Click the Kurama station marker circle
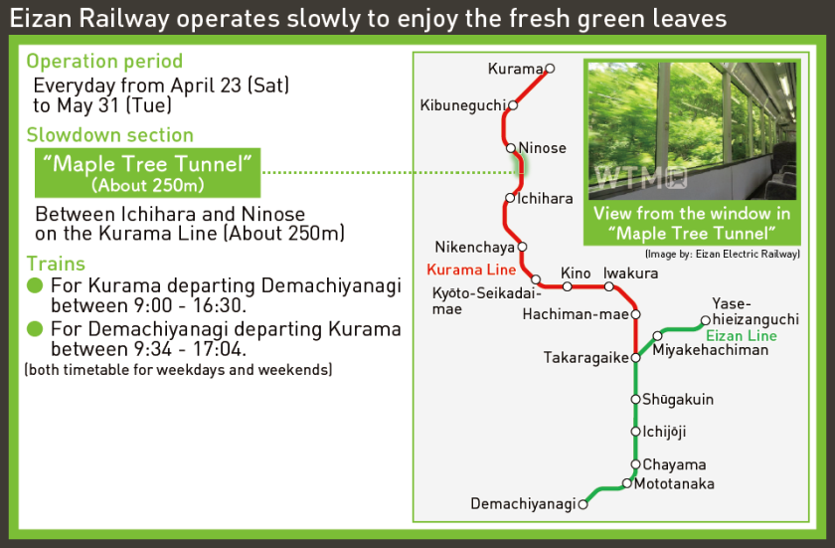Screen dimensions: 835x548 coord(550,69)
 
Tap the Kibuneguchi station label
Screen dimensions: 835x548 coord(463,105)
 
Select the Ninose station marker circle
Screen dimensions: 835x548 coord(511,147)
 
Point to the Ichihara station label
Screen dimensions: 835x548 coord(546,199)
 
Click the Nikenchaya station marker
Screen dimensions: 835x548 coord(523,247)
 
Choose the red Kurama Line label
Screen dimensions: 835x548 coord(471,270)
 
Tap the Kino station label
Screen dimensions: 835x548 coord(576,274)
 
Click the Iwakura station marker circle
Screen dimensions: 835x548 coord(609,286)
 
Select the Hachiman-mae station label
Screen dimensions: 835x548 coord(576,314)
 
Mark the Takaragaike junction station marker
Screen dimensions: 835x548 coord(635,358)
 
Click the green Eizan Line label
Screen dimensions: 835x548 coord(742,336)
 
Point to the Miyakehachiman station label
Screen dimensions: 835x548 coord(711,350)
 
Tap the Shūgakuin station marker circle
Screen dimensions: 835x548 coord(635,399)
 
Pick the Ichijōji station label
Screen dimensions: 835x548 coord(664,432)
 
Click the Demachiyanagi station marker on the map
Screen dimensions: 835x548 coord(584,504)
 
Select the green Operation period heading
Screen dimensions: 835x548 coord(104,62)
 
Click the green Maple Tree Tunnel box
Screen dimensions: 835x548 coord(147,173)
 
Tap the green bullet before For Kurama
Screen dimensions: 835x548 coord(35,285)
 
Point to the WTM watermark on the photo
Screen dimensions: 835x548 coord(640,177)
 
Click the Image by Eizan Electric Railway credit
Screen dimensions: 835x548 coord(722,254)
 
